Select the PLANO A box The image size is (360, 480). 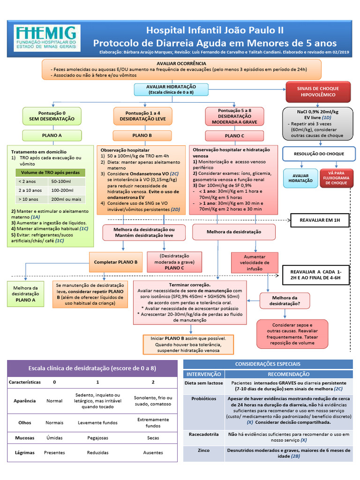pos(52,136)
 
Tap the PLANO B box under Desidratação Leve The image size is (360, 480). pos(142,135)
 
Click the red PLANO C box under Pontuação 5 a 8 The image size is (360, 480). pos(234,136)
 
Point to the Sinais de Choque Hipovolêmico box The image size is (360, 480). pos(318,91)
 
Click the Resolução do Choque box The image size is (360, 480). pos(319,154)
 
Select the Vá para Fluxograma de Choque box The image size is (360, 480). pos(337,179)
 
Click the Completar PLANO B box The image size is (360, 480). pos(115,262)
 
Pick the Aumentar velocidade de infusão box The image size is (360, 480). pos(255,263)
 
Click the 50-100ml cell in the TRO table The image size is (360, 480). pos(61,181)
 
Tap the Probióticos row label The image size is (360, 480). pos(203,398)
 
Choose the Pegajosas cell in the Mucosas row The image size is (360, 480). pos(97,438)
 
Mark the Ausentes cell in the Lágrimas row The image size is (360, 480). pos(152,453)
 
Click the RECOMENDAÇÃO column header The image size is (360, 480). pos(288,374)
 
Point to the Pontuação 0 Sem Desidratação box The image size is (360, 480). pos(52,116)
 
